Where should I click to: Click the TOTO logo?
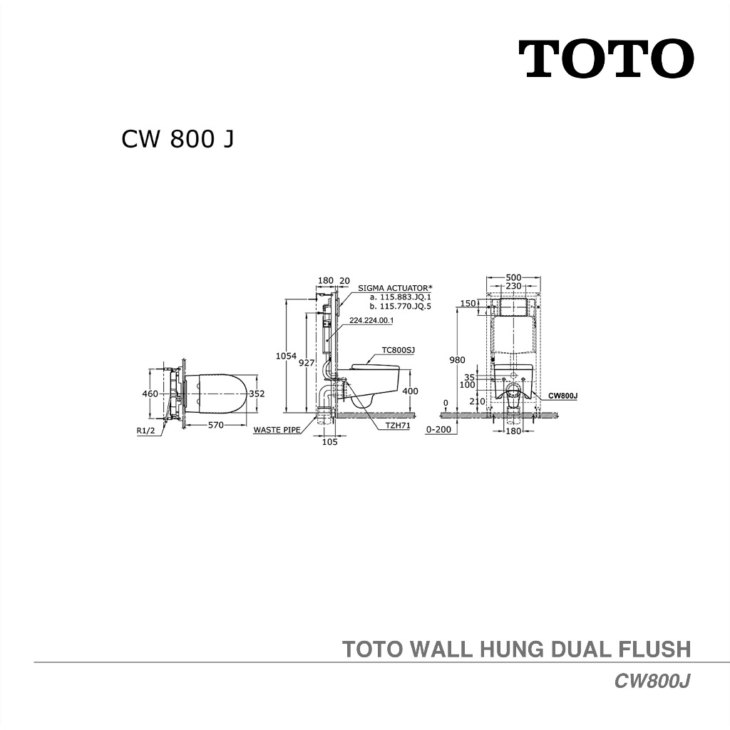(605, 59)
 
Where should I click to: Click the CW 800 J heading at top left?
(178, 139)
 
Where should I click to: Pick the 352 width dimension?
(257, 393)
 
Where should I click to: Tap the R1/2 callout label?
(148, 431)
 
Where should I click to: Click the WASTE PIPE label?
(277, 430)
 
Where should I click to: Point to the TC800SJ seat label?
(398, 350)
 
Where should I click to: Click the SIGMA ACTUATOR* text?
(395, 288)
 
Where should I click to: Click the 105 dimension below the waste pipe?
(329, 441)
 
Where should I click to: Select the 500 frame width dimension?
(513, 278)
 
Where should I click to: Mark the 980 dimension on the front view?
(457, 360)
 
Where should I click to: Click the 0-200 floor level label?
(438, 431)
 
